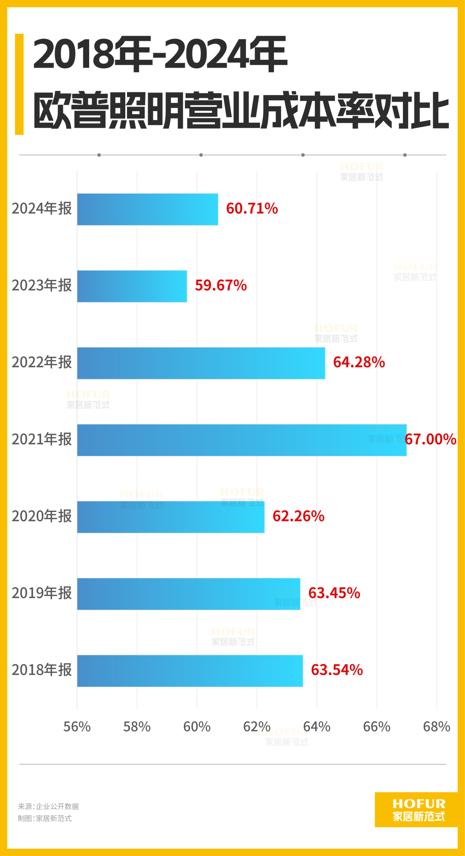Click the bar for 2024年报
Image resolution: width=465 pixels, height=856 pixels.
147,209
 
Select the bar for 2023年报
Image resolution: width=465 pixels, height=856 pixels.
132,286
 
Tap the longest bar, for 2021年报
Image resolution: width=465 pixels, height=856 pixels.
242,440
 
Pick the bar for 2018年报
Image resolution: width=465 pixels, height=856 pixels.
190,671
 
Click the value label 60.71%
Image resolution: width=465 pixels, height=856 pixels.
252,209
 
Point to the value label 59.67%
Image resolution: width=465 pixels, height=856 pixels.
221,285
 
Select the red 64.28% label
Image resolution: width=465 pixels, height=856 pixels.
359,363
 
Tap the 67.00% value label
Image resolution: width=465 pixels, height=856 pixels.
431,440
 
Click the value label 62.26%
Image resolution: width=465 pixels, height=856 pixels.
298,516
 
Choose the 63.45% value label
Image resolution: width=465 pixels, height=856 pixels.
334,593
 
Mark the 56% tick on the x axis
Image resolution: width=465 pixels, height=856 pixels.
77,727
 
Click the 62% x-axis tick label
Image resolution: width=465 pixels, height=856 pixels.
257,727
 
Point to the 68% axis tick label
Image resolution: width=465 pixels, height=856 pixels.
436,727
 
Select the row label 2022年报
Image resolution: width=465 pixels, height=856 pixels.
42,363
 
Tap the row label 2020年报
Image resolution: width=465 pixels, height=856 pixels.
42,516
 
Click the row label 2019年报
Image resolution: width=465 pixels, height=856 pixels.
42,593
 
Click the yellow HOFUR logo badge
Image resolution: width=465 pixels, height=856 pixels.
418,810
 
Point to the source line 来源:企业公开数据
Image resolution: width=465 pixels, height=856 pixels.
48,806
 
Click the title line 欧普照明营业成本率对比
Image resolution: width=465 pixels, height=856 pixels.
241,111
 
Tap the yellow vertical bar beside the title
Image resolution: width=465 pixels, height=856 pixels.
19,84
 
